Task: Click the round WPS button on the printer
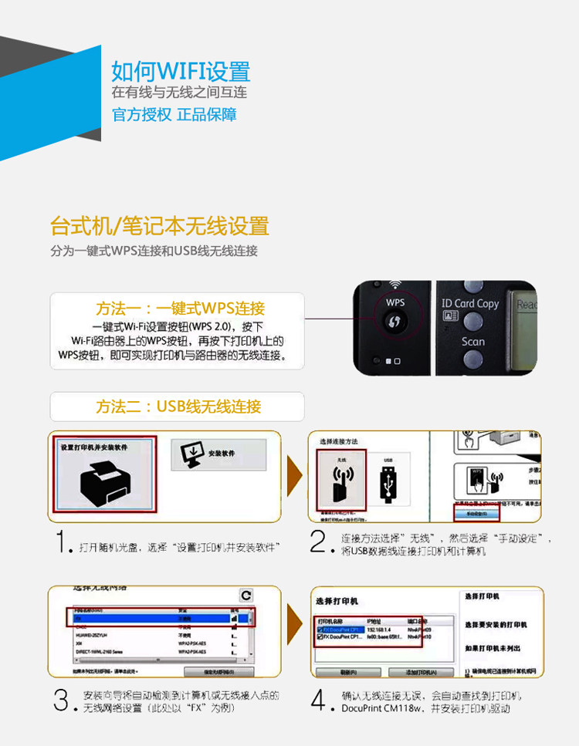(394, 320)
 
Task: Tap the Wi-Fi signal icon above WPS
(394, 285)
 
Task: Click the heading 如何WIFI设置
(181, 72)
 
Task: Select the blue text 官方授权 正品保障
(174, 115)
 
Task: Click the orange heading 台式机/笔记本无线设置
(159, 226)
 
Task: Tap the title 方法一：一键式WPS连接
(180, 308)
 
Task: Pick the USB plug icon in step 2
(389, 486)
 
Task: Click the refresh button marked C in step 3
(245, 595)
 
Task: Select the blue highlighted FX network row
(154, 618)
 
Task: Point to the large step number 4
(317, 700)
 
